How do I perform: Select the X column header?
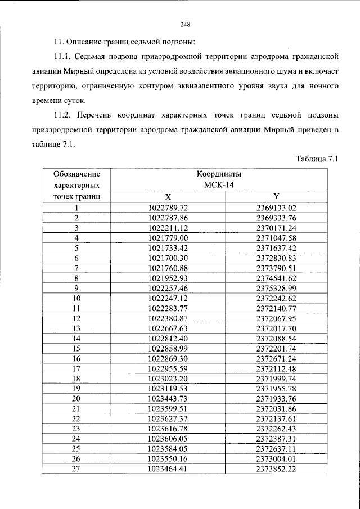pos(168,197)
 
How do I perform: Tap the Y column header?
pos(276,196)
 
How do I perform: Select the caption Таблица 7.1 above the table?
pos(316,159)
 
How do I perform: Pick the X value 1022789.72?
pos(168,208)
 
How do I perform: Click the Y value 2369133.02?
pos(276,208)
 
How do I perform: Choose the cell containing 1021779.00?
pos(168,237)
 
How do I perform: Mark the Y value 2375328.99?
pos(276,288)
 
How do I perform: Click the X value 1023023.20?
pos(168,379)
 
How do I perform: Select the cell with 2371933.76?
pos(276,399)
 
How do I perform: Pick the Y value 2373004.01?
pos(276,459)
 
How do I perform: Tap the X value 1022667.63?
pos(168,328)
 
